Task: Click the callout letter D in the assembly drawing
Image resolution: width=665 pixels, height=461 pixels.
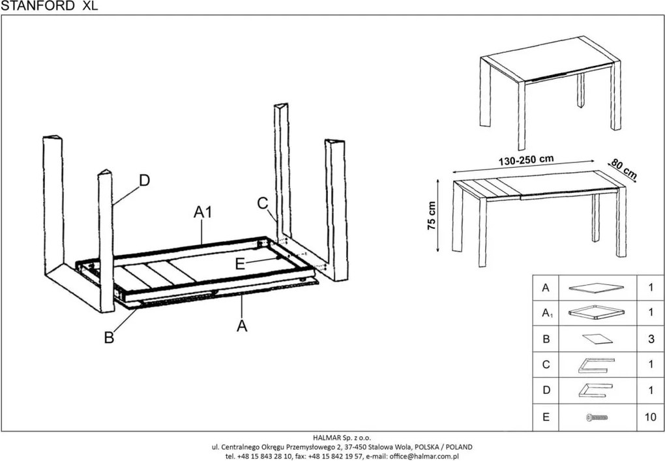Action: click(x=144, y=181)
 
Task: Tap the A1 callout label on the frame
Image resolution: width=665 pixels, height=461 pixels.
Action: click(x=203, y=213)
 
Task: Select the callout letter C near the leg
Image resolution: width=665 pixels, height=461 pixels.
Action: click(x=263, y=203)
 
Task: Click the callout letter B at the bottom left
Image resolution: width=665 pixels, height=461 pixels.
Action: click(x=110, y=337)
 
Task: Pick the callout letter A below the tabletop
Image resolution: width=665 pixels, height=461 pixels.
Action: click(x=242, y=325)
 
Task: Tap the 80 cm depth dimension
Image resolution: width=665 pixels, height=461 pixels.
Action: click(x=624, y=168)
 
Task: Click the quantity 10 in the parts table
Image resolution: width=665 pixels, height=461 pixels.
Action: click(x=649, y=417)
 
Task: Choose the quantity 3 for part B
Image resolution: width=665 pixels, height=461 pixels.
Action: click(x=649, y=339)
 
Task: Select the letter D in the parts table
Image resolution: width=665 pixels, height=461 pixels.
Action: click(x=546, y=391)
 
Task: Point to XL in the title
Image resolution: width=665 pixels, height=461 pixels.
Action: click(x=90, y=6)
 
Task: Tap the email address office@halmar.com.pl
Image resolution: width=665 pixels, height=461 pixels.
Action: click(x=425, y=456)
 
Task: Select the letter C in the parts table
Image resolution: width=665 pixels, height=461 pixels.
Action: click(x=546, y=365)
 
